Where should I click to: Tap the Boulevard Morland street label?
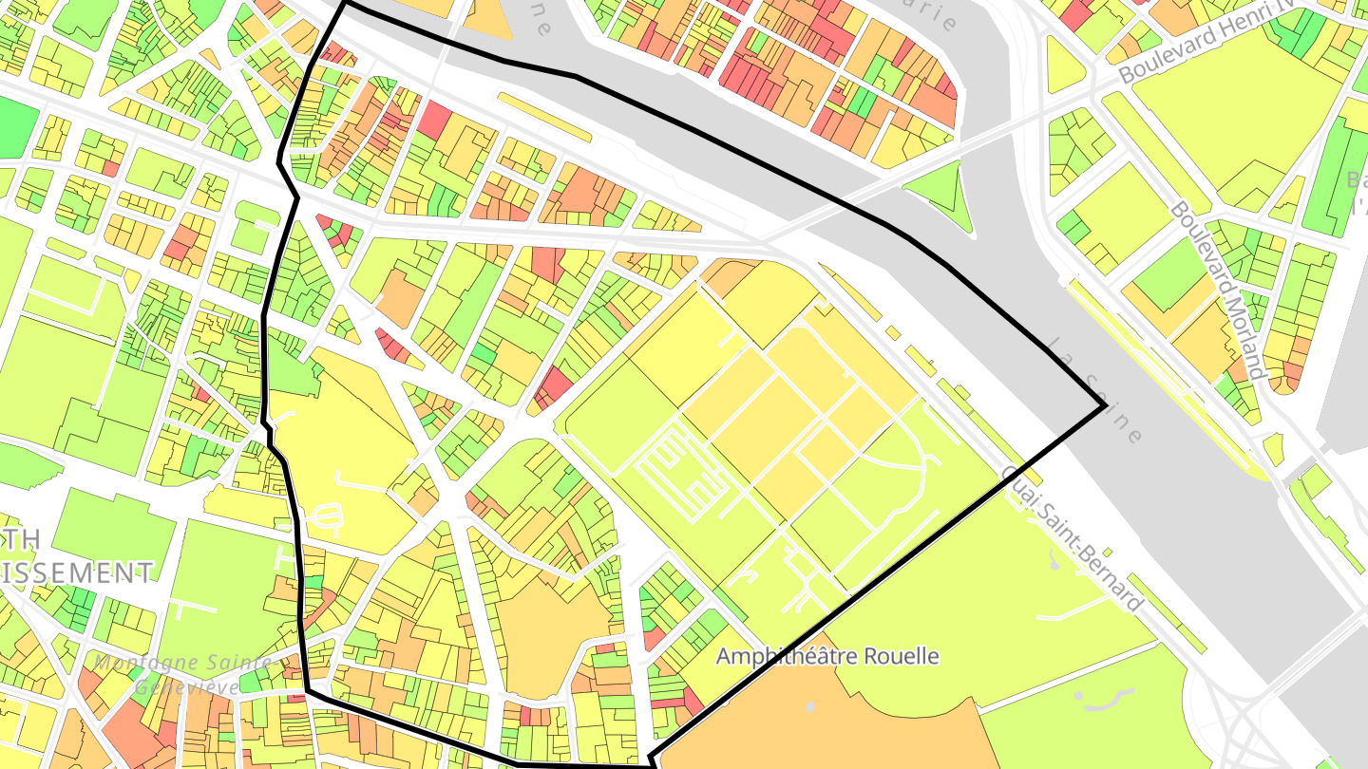pos(1218,289)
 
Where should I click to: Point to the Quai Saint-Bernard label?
pos(1071,537)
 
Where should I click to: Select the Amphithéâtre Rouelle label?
pos(826,656)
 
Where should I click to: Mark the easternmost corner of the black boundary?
pos(1105,406)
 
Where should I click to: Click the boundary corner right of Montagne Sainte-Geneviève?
pos(306,692)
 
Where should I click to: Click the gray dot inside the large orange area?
pos(809,707)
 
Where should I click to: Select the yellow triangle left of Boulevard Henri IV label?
pos(1063,66)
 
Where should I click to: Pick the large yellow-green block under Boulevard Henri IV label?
pos(1235,123)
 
